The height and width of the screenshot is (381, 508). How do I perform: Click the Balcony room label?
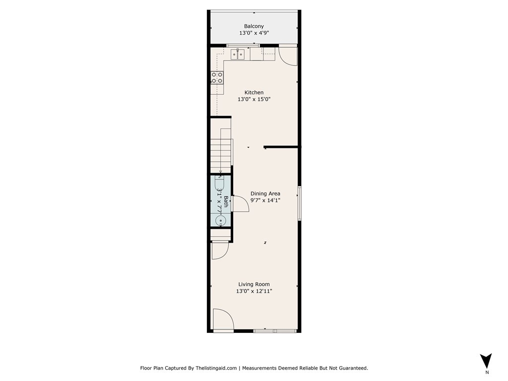[254, 26]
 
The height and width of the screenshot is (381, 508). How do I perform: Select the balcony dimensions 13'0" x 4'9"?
[254, 33]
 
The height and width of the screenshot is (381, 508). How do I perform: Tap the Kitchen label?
[254, 92]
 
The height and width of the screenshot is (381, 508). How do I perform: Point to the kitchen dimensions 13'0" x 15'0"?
[254, 99]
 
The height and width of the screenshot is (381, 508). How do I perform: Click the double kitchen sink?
[238, 55]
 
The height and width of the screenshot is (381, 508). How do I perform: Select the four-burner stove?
[217, 78]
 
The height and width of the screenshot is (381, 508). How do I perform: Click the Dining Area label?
[265, 193]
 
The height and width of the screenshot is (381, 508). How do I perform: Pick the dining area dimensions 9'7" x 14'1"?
[265, 200]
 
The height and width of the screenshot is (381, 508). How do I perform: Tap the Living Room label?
[254, 284]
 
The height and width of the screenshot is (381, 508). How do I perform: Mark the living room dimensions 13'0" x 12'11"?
[254, 291]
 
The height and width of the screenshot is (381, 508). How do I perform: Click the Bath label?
[226, 201]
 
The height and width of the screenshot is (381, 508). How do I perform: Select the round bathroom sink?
[221, 221]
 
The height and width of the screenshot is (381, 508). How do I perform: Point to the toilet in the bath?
[220, 184]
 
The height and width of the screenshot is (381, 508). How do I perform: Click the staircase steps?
[221, 155]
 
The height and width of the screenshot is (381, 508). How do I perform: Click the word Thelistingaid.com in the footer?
[216, 368]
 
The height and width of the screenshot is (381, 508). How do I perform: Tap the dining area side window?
[300, 203]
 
